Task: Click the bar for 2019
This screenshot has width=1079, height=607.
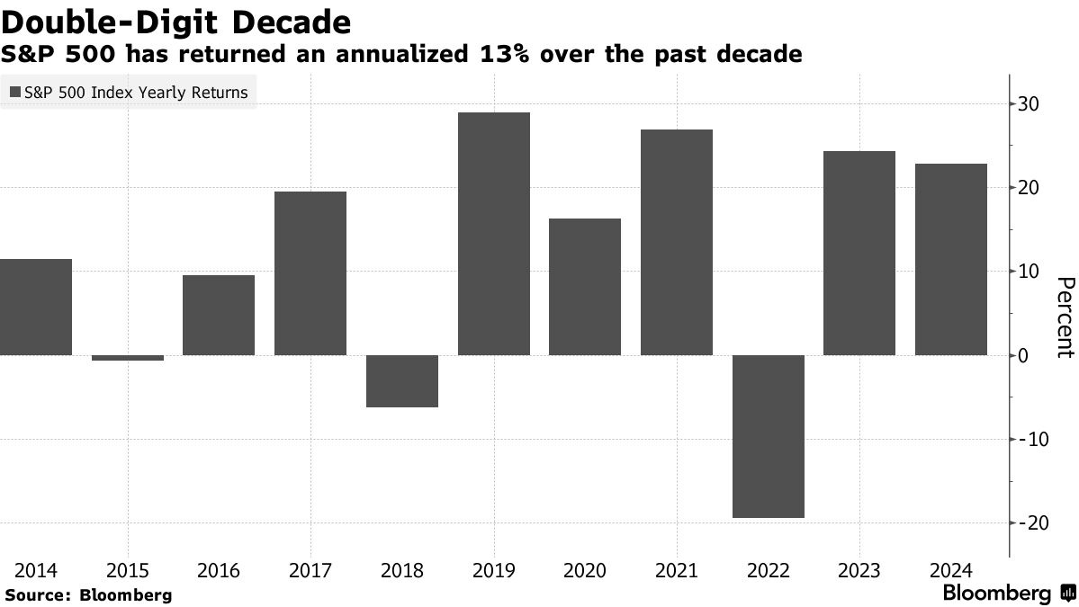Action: (493, 234)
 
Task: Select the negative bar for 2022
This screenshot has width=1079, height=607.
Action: (768, 436)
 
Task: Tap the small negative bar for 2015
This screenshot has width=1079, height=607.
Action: (128, 358)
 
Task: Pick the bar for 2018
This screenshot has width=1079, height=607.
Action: (401, 381)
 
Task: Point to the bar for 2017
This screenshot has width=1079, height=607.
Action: (310, 273)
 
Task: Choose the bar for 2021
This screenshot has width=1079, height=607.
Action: (676, 242)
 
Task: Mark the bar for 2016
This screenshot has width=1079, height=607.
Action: (219, 315)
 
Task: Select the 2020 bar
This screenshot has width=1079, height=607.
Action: (585, 287)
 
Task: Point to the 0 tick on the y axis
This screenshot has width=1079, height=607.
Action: (1024, 355)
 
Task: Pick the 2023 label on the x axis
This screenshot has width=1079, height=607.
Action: (859, 571)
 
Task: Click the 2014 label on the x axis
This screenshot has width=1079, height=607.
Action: (36, 571)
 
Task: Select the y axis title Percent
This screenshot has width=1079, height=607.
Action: (1064, 319)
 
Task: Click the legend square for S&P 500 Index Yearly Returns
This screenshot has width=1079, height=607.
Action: (15, 93)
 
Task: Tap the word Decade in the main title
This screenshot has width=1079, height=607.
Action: (287, 21)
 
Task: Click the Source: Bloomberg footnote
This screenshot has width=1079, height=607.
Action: (88, 594)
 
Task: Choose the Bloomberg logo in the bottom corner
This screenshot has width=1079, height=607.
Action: (1008, 594)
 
